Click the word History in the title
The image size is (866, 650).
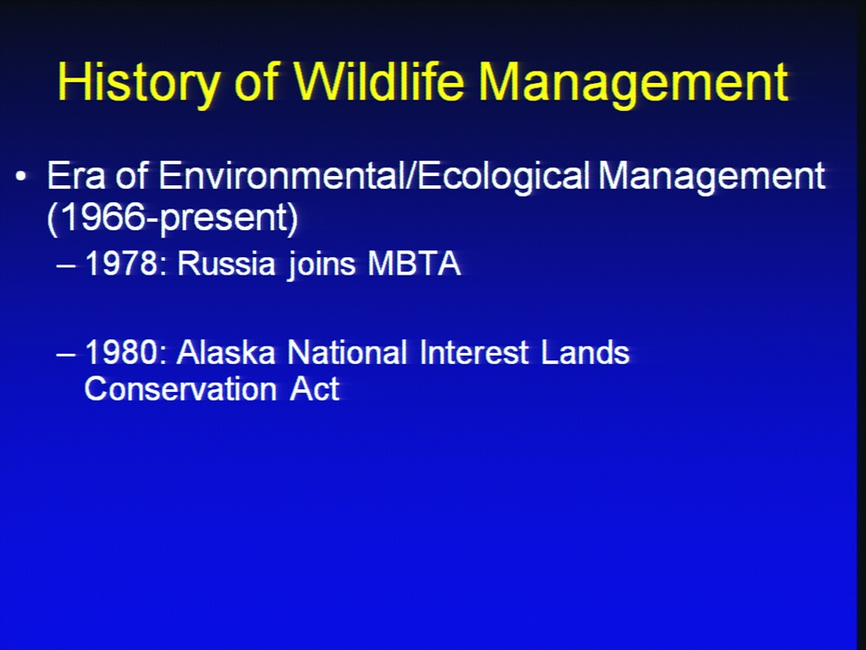pyautogui.click(x=138, y=83)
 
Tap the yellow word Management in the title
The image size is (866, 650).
pyautogui.click(x=633, y=83)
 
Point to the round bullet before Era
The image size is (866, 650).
pyautogui.click(x=21, y=176)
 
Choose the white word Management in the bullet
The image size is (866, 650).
pyautogui.click(x=712, y=177)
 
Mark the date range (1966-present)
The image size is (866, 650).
pyautogui.click(x=173, y=218)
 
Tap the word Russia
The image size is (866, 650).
pyautogui.click(x=226, y=263)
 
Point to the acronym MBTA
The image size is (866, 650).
pyautogui.click(x=414, y=263)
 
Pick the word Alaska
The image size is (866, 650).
pyautogui.click(x=226, y=352)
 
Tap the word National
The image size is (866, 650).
pyautogui.click(x=347, y=352)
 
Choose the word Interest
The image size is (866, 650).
pyautogui.click(x=474, y=352)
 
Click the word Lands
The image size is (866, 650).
pyautogui.click(x=585, y=352)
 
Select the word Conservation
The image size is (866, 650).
pyautogui.click(x=180, y=388)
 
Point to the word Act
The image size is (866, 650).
pyautogui.click(x=314, y=388)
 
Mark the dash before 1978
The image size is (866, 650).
pyautogui.click(x=66, y=265)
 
